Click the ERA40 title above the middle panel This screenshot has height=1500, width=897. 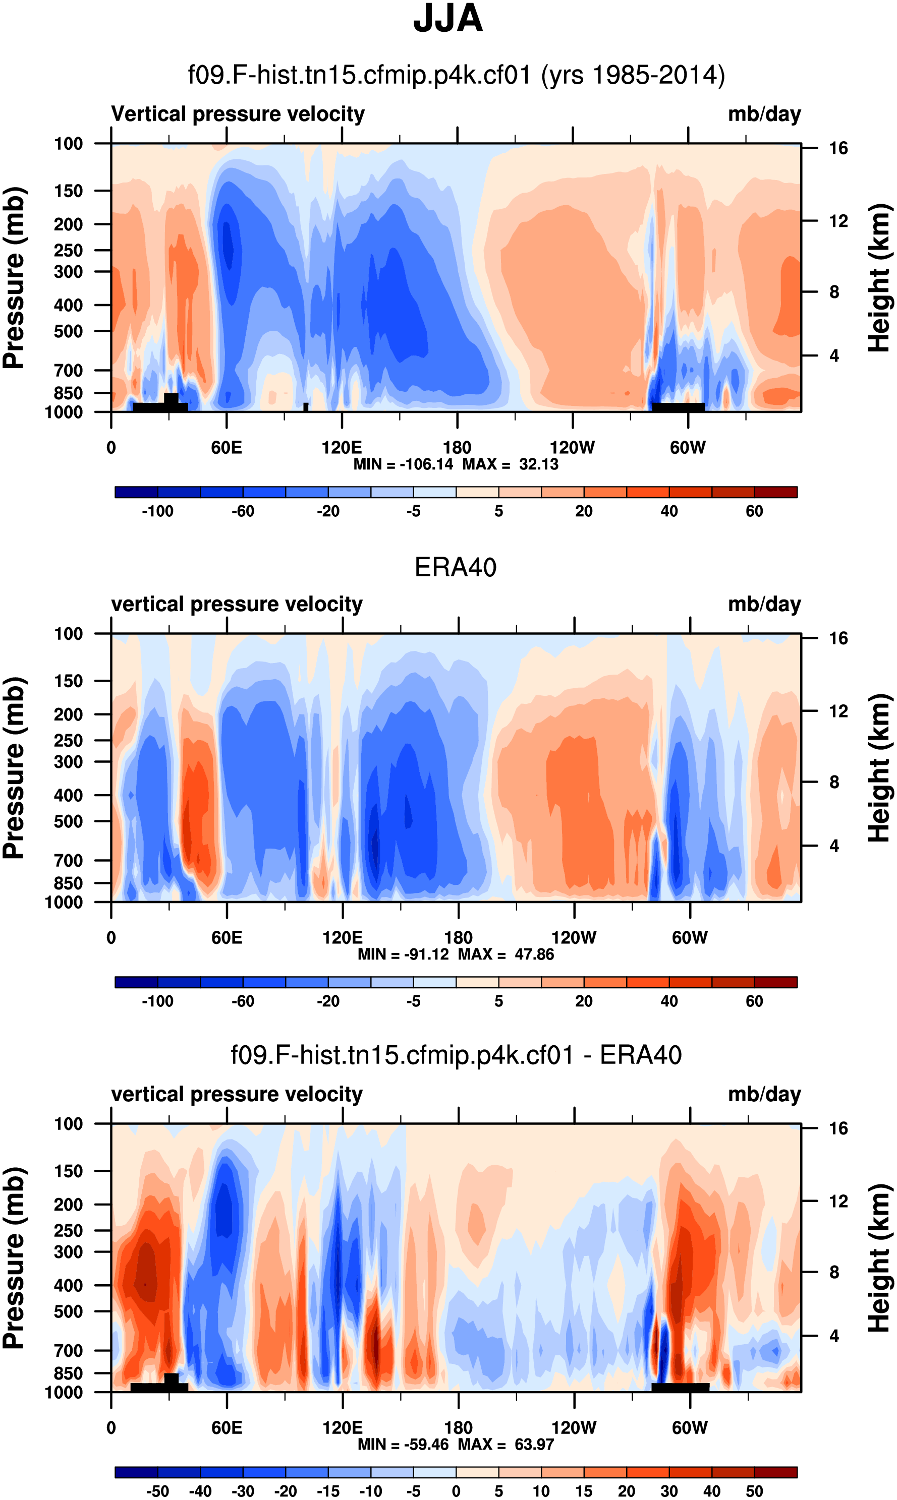tap(455, 567)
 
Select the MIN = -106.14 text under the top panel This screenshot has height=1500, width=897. tap(403, 464)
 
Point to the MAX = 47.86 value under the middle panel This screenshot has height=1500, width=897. tap(506, 954)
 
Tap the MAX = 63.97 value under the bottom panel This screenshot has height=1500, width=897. tap(506, 1445)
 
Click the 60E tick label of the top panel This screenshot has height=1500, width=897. tap(227, 448)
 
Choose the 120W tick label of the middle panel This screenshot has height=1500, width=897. tap(574, 938)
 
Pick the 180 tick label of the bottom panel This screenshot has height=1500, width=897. tap(458, 1427)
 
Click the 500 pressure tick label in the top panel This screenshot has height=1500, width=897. tap(68, 332)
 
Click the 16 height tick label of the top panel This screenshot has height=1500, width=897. tap(838, 148)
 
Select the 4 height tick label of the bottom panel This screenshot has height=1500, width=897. tap(834, 1336)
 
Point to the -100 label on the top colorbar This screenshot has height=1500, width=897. tap(157, 511)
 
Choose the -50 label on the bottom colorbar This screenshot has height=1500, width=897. tap(157, 1491)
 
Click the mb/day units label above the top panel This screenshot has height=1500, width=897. tap(764, 114)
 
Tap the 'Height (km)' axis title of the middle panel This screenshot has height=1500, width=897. tap(879, 768)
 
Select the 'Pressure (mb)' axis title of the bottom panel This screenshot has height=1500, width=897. tap(13, 1258)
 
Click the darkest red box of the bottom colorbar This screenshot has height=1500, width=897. tap(775, 1472)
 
